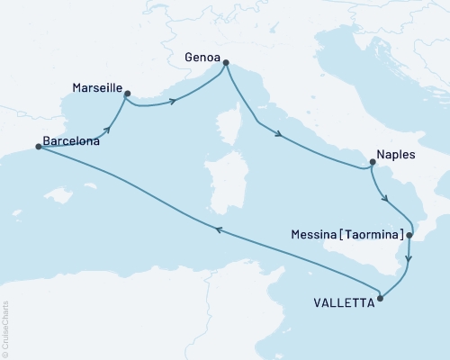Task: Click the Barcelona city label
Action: click(x=71, y=141)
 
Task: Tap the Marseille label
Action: click(x=96, y=88)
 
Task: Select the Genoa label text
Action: click(x=203, y=55)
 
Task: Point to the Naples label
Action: click(x=396, y=155)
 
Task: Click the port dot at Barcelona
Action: click(x=39, y=147)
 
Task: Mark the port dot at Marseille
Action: click(x=127, y=93)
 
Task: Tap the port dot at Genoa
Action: click(x=225, y=63)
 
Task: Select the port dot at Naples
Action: click(x=371, y=163)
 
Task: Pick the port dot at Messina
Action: click(x=409, y=236)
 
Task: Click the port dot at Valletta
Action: click(x=381, y=298)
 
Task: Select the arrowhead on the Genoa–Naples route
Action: click(x=281, y=136)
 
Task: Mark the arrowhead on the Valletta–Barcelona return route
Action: click(x=217, y=230)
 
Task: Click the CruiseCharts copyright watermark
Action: click(x=5, y=329)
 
